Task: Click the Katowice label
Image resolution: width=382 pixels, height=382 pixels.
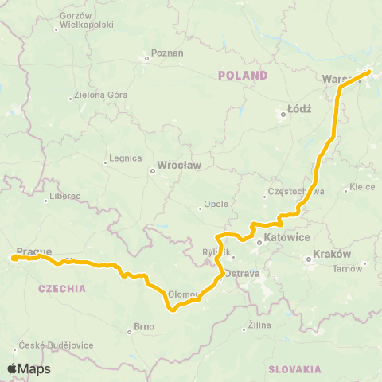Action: [x=287, y=236]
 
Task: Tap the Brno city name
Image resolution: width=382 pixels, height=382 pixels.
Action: [x=143, y=326]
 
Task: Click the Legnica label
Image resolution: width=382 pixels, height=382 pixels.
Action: [x=126, y=158]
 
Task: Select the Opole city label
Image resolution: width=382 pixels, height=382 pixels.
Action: [x=216, y=204]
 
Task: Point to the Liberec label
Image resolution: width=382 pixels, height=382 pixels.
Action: [x=64, y=196]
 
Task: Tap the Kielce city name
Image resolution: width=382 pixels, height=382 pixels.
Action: [x=363, y=188]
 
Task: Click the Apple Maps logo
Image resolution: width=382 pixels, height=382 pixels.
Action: [x=29, y=368]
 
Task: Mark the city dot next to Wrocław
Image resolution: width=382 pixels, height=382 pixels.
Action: [x=153, y=170]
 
